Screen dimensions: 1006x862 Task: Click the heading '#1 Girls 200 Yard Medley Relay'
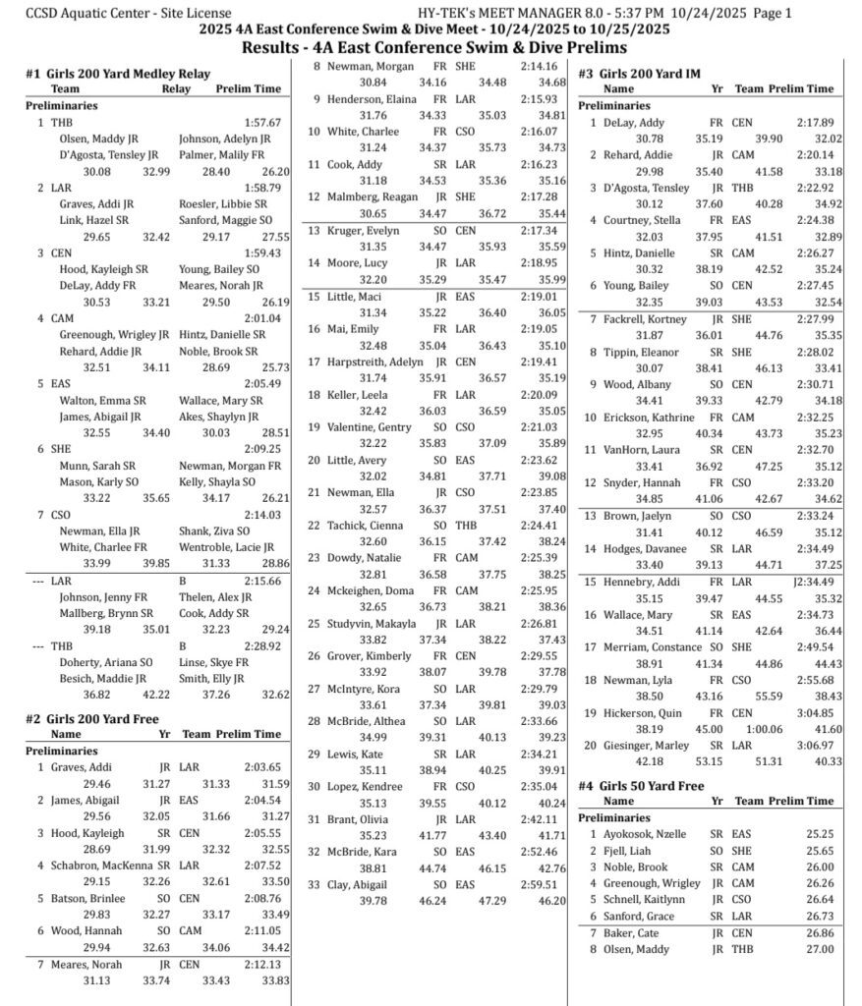coord(118,73)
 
